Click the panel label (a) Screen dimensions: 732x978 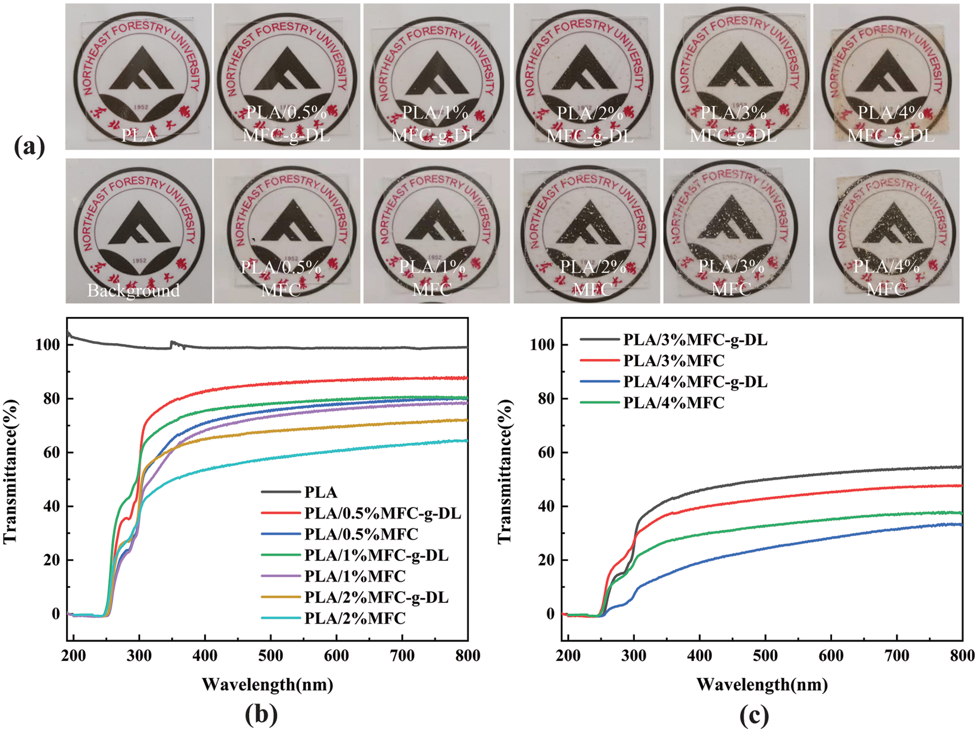[29, 148]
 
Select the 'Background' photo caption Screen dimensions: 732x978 [134, 291]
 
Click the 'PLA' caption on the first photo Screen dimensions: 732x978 [139, 136]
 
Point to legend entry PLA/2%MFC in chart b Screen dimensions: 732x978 [355, 619]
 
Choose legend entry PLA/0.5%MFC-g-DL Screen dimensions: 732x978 [383, 513]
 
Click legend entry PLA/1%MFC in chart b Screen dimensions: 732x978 [355, 576]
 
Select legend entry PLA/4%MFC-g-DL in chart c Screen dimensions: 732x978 [695, 382]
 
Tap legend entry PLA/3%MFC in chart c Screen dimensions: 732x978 [673, 360]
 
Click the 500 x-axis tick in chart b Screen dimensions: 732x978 [270, 655]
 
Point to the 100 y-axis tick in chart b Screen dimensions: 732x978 [48, 345]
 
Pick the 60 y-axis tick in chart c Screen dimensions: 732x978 [542, 452]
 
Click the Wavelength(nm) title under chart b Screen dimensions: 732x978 [267, 684]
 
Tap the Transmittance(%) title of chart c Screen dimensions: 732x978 [504, 470]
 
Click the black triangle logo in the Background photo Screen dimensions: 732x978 [139, 224]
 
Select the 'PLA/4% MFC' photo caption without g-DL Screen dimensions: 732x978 [886, 278]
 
